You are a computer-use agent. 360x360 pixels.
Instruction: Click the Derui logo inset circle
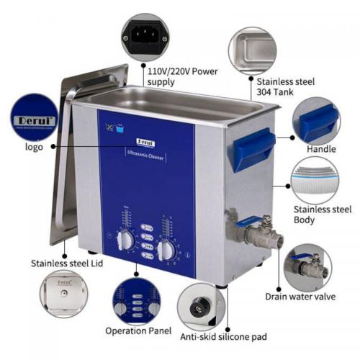point(34,117)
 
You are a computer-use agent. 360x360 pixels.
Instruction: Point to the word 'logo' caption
point(34,147)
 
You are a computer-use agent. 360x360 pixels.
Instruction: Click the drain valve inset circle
point(309,268)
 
